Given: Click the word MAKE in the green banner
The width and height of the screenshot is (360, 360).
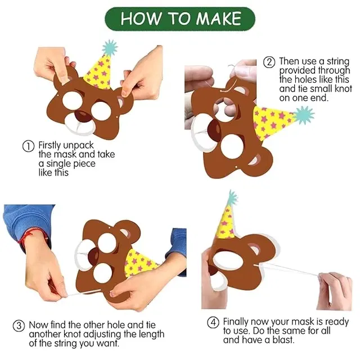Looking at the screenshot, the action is (x=218, y=19).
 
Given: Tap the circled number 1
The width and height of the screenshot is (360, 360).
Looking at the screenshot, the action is (x=28, y=146).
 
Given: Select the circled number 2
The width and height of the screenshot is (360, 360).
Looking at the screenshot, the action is (x=269, y=62).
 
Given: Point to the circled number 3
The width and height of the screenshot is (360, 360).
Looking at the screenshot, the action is (x=19, y=326).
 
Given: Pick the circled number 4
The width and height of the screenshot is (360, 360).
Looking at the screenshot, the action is (x=213, y=322).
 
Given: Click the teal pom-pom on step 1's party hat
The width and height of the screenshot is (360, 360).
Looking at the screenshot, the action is (x=110, y=48).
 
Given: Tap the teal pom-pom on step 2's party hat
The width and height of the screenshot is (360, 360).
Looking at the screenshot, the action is (x=304, y=115).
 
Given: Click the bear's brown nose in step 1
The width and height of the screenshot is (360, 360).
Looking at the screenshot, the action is (x=83, y=116).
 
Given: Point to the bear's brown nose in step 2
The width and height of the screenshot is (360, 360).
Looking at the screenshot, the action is (x=214, y=131).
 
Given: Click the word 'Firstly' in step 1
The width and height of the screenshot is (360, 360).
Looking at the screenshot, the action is (x=49, y=145).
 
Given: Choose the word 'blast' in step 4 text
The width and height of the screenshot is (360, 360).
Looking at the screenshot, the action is (x=283, y=340).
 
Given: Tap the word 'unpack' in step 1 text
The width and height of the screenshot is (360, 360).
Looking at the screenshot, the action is (x=79, y=146).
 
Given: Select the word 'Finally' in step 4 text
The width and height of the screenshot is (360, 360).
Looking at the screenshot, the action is (x=235, y=322).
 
